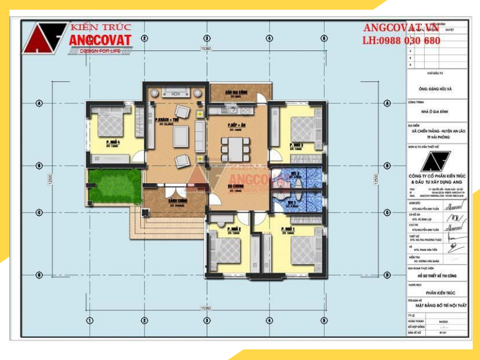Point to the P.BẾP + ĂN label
click(x=234, y=125)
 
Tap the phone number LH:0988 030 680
click(x=401, y=41)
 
